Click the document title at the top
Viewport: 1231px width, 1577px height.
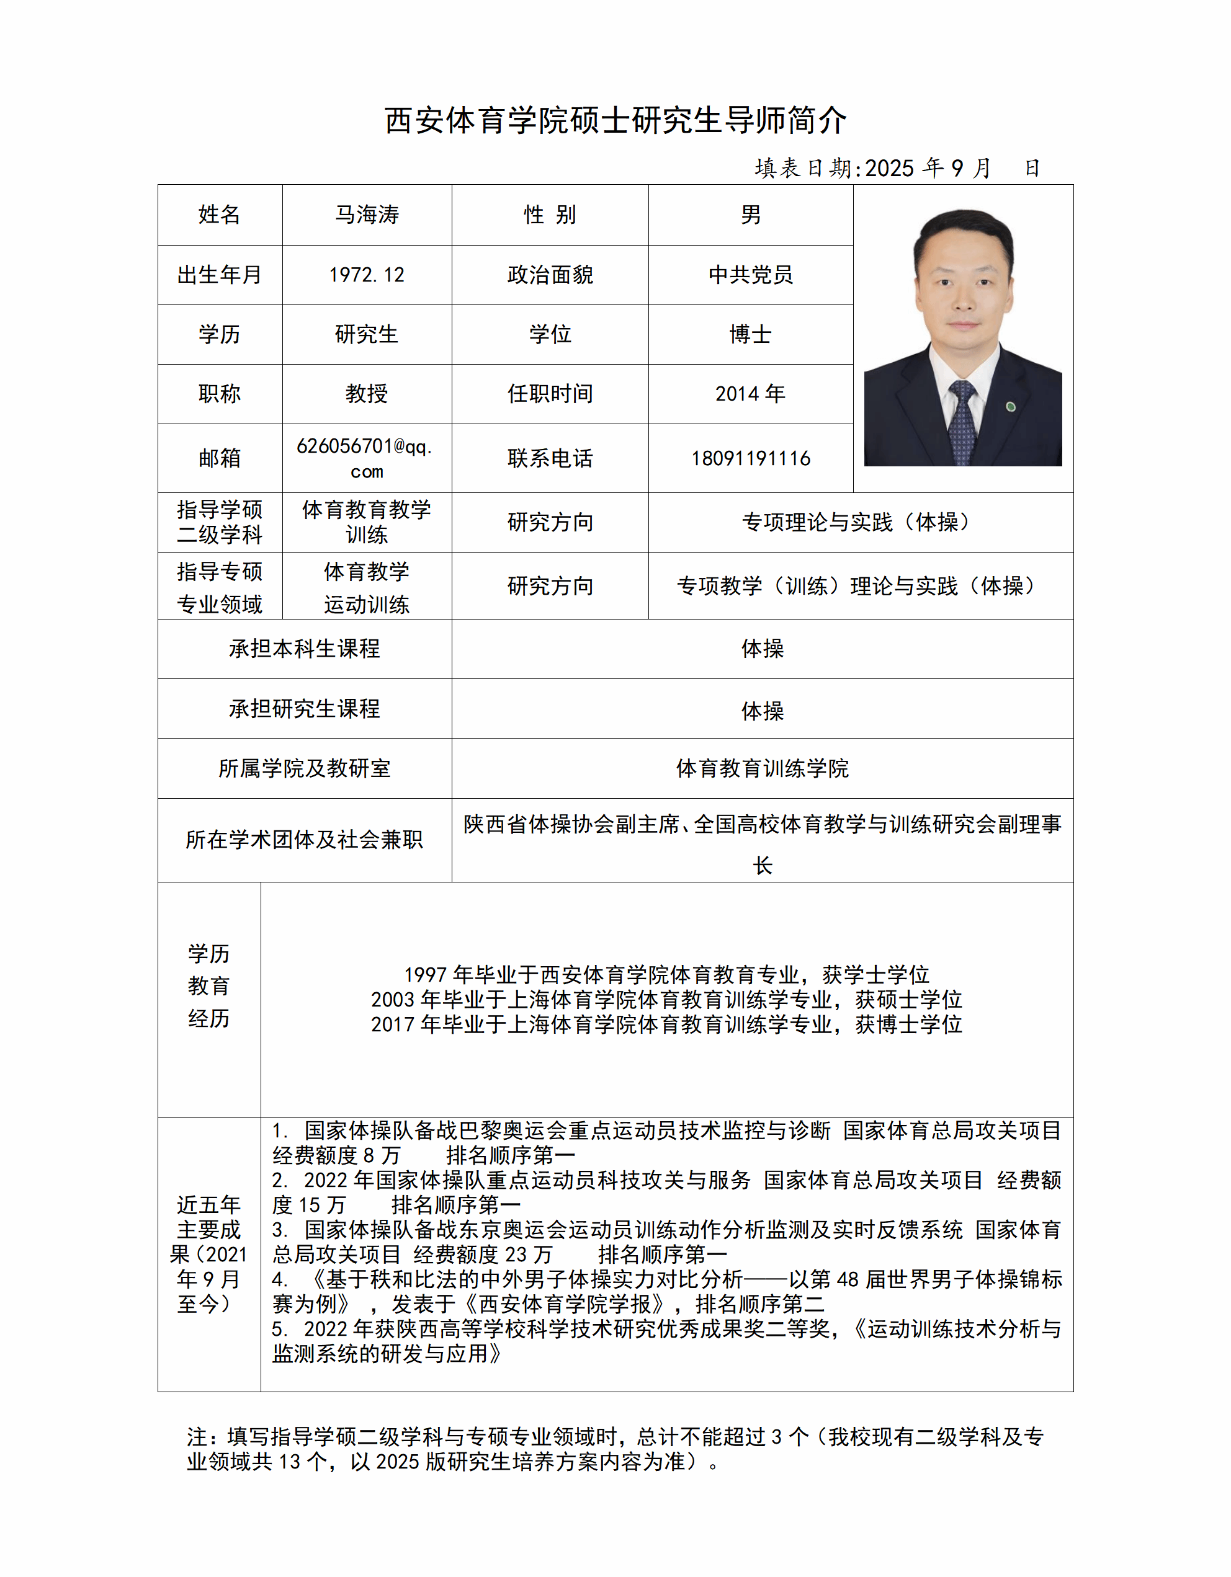click(615, 120)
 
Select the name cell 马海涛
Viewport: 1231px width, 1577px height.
click(366, 215)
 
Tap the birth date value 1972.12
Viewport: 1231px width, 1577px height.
click(366, 274)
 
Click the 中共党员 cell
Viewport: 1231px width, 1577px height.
click(750, 274)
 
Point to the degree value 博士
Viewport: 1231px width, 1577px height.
click(750, 334)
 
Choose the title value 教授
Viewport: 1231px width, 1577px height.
click(366, 394)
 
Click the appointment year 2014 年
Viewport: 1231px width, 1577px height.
click(750, 394)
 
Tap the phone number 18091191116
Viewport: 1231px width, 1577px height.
click(750, 458)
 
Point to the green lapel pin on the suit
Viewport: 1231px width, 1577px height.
click(1011, 407)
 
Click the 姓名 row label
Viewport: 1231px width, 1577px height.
click(220, 215)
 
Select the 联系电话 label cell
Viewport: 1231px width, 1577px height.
click(550, 458)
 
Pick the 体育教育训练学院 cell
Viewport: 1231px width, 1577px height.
click(762, 768)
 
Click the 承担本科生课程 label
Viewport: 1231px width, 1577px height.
click(304, 649)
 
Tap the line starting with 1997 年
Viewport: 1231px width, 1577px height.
click(666, 975)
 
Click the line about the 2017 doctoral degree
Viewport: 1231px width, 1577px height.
click(666, 1024)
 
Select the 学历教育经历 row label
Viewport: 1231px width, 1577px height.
click(208, 985)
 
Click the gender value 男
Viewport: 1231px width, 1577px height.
click(750, 215)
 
